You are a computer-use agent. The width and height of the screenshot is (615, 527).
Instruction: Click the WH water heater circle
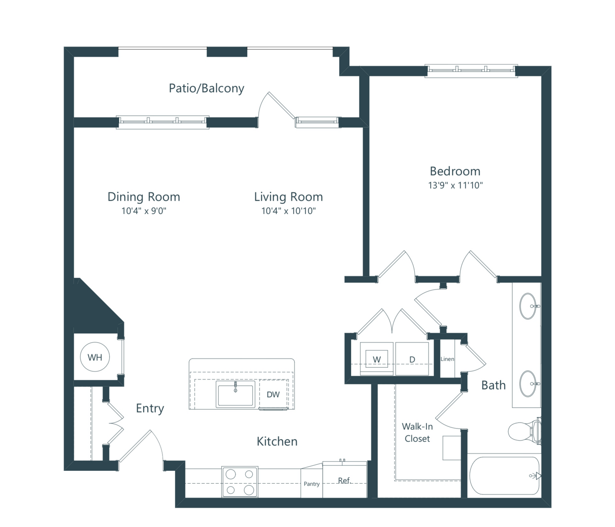click(x=95, y=357)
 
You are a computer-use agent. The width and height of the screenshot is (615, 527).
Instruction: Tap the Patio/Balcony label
click(x=207, y=88)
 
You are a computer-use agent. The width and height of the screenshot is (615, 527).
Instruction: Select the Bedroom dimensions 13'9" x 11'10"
click(x=455, y=185)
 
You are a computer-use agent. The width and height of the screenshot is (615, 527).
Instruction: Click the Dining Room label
click(x=144, y=197)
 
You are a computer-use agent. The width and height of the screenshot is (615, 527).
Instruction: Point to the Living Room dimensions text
click(x=288, y=211)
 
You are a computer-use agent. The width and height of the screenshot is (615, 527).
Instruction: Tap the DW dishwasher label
click(x=273, y=394)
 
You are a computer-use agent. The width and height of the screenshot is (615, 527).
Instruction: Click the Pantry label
click(x=312, y=484)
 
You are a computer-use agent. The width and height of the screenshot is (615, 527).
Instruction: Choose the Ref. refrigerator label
click(x=345, y=480)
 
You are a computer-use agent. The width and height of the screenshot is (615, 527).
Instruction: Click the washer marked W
click(x=377, y=359)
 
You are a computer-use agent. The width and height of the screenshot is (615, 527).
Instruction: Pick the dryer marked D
click(x=412, y=359)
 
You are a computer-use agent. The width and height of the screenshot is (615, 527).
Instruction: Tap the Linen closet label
click(x=447, y=359)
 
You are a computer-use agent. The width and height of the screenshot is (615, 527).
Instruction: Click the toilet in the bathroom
click(x=524, y=431)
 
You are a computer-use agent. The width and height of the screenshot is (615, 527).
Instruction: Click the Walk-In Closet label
click(x=417, y=432)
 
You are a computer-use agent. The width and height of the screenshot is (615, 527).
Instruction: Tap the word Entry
click(x=150, y=409)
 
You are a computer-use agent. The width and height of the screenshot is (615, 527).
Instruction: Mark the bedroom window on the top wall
click(x=471, y=71)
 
